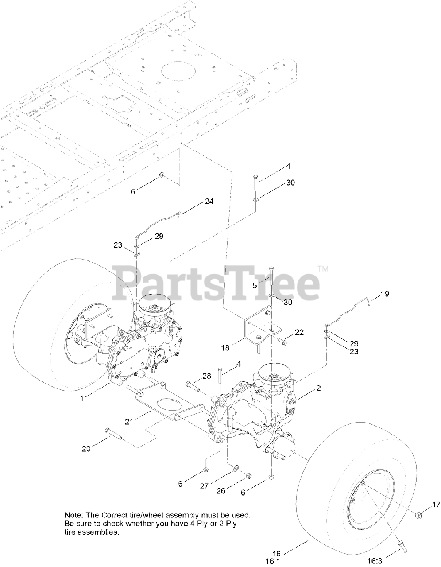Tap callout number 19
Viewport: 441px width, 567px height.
(385, 294)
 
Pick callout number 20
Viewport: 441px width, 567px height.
(86, 448)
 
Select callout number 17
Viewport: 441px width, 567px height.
(436, 504)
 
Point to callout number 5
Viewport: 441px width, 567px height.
(255, 286)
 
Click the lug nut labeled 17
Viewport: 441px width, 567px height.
(418, 514)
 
